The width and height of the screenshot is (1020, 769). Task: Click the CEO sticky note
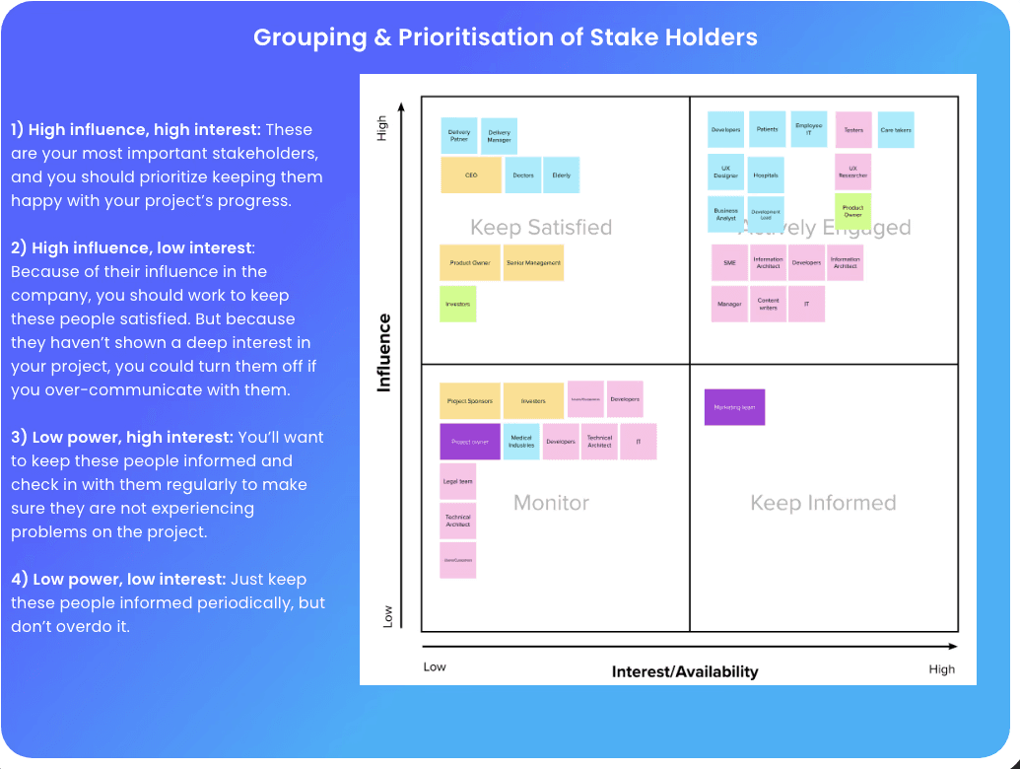click(x=470, y=175)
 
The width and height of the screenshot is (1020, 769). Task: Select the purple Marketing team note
click(x=734, y=407)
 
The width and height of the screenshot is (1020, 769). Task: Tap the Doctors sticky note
click(x=522, y=175)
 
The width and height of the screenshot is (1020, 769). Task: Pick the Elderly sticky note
click(x=561, y=175)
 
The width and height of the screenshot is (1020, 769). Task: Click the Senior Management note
click(x=533, y=263)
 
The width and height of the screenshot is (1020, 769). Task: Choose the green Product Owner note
click(x=852, y=211)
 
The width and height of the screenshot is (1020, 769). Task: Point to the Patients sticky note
click(x=767, y=129)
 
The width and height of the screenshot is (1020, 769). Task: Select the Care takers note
click(x=896, y=130)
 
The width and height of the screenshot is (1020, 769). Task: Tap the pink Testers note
click(x=853, y=130)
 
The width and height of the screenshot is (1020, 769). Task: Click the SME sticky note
click(x=729, y=263)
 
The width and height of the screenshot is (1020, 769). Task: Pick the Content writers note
click(x=768, y=304)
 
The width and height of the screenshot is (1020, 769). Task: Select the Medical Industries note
click(x=521, y=442)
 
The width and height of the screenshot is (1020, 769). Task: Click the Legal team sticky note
click(x=458, y=482)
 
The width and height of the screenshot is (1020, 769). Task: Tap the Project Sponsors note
click(x=470, y=401)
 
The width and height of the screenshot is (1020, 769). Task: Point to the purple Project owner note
click(x=470, y=442)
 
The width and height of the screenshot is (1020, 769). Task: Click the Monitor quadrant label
click(x=551, y=503)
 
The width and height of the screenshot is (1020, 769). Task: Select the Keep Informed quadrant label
click(x=823, y=503)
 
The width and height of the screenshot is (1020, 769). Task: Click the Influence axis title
click(x=384, y=352)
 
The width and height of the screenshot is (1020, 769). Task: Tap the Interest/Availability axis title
click(x=685, y=671)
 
